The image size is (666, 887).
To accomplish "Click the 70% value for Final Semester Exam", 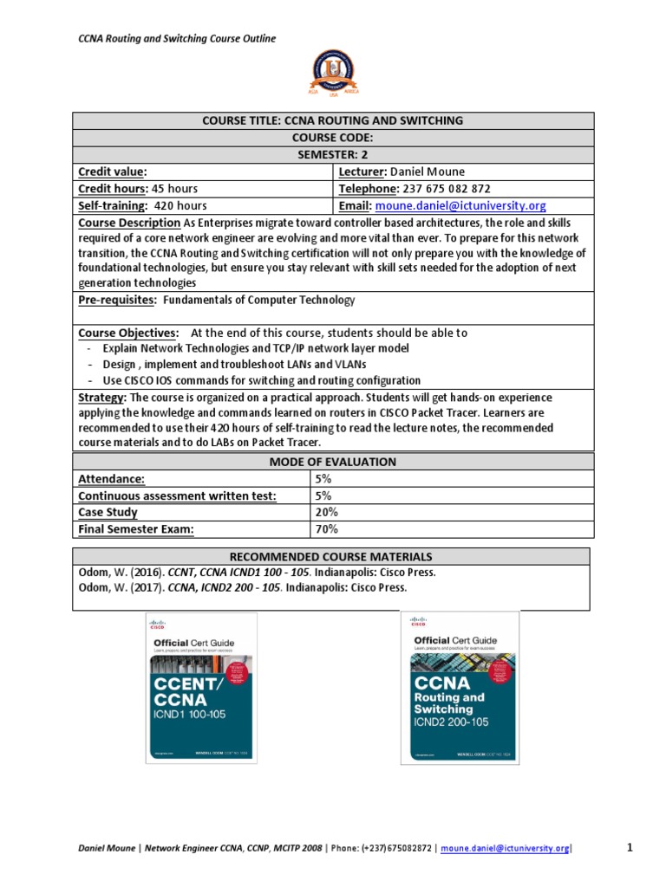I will pos(327,528).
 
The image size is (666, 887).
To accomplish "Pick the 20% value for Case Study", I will pos(327,512).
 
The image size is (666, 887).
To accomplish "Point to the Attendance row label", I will pos(111,478).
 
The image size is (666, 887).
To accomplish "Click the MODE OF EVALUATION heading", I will pos(333,462).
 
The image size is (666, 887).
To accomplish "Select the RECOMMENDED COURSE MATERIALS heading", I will pos(333,556).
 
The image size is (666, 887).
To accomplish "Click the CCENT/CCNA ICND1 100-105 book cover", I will pos(201,689).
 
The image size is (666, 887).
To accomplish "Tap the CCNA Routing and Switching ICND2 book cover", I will pos(460,688).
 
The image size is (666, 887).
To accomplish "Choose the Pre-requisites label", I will pos(117,300).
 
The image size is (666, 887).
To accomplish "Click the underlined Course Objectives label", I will pos(128,333).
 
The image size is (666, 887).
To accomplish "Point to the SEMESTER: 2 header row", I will pos(333,153).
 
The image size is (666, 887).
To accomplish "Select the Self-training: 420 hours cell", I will pos(142,205).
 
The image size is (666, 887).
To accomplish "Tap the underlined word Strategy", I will pos(102,397).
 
